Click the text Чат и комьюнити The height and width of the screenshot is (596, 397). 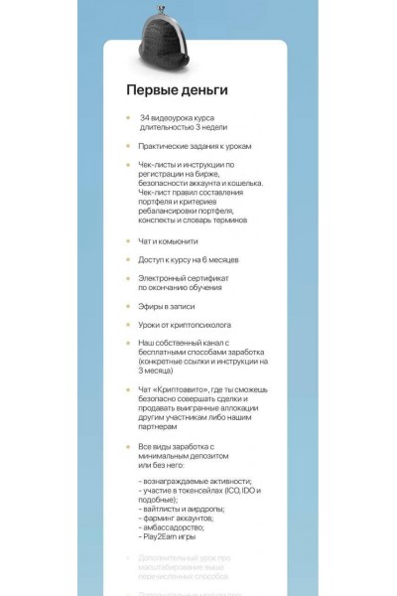(x=169, y=240)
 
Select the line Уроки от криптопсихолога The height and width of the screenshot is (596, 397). (x=184, y=325)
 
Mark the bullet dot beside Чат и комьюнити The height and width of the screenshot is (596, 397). (x=127, y=240)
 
